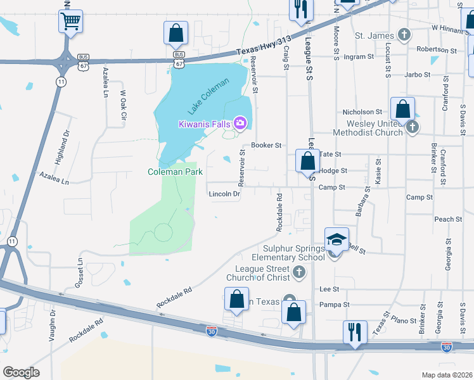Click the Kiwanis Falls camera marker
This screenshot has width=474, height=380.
coord(240,123)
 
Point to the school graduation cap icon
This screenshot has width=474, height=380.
coord(337,239)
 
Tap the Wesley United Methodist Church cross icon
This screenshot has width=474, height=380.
coord(413,127)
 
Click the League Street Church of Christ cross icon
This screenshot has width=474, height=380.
coord(300,274)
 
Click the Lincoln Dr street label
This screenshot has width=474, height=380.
coord(224,194)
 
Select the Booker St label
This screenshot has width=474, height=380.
coord(266,145)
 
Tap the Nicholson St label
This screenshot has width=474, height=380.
coord(362,112)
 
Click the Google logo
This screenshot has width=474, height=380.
coord(22,372)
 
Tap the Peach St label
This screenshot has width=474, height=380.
coord(448,219)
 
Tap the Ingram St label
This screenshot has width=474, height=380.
coord(358,57)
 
